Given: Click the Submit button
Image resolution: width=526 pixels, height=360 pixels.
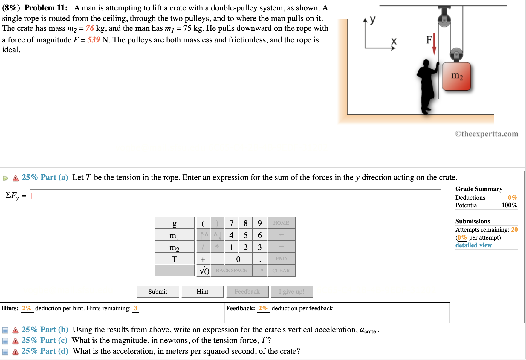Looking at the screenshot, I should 158,292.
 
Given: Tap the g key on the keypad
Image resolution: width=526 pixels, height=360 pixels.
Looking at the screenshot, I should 175,223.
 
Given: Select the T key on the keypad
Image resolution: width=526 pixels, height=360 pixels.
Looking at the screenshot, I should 175,259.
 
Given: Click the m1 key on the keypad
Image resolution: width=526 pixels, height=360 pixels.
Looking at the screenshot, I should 175,235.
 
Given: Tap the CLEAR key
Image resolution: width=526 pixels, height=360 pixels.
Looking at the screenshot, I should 281,271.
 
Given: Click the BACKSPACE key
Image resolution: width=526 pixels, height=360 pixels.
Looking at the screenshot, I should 231,271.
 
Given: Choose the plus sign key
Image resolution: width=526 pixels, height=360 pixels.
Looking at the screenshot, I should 203,259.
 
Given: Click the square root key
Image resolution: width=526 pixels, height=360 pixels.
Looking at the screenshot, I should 204,271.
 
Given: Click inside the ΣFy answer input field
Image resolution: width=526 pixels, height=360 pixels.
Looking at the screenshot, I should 235,196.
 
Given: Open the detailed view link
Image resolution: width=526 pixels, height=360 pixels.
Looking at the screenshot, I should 473,245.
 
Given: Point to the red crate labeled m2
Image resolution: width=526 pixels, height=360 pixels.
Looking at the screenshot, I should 456,76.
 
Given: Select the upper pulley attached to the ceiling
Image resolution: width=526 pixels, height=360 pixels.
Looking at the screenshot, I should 444,20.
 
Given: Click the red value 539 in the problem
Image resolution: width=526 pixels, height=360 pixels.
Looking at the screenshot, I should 94,40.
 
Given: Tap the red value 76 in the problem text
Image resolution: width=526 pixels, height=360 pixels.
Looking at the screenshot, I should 90,28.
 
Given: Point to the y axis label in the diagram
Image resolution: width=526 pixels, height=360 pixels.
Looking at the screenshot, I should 372,19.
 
